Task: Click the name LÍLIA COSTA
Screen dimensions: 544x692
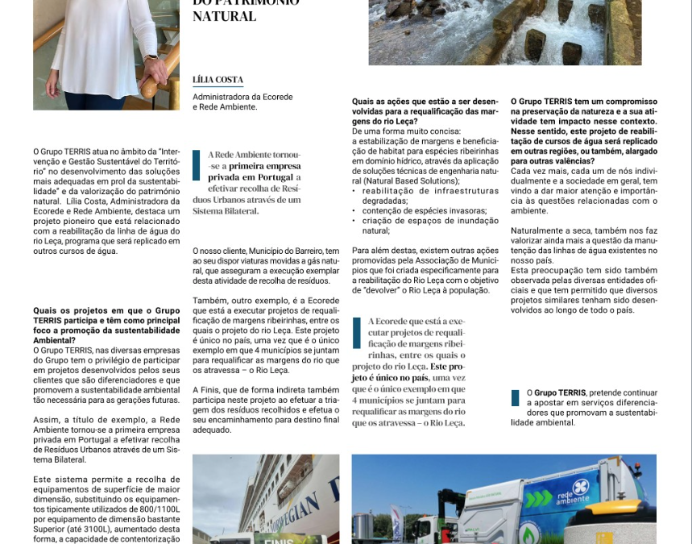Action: (218, 80)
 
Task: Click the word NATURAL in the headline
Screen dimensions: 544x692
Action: (224, 16)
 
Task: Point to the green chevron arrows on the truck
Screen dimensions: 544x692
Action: (539, 499)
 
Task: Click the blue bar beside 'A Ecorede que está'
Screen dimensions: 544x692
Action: (356, 332)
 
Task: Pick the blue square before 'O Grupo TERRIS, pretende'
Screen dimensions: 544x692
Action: (516, 398)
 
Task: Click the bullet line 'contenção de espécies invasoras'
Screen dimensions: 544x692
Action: (419, 210)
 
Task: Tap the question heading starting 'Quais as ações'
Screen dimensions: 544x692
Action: (425, 111)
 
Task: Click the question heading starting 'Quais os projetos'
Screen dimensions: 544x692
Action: (106, 320)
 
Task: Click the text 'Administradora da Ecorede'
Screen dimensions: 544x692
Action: (242, 97)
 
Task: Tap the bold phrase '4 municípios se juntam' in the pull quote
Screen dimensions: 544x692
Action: (408, 400)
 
